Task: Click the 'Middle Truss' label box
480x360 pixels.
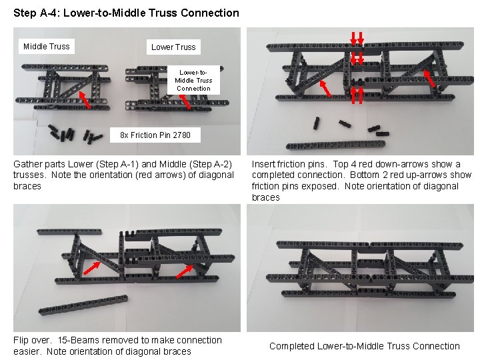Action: click(x=46, y=47)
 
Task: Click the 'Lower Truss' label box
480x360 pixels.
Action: click(x=173, y=47)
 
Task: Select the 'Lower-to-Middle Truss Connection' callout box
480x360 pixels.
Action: click(x=193, y=80)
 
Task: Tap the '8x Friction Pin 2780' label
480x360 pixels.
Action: click(x=155, y=135)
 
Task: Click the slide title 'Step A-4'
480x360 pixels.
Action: click(x=125, y=13)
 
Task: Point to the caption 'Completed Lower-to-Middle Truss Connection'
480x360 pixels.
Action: click(x=364, y=346)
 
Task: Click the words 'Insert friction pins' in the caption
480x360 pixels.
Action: click(x=290, y=164)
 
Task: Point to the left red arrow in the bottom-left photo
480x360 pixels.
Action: click(x=91, y=268)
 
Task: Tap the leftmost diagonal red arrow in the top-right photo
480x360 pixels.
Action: click(x=325, y=89)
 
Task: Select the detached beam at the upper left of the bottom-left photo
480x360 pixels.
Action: click(x=69, y=232)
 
